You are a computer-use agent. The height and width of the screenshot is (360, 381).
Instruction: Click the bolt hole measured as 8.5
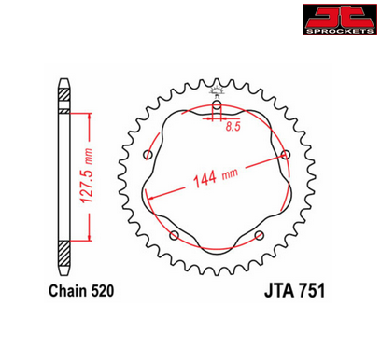point(217,106)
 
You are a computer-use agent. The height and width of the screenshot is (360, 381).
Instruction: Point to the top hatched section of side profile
point(63,96)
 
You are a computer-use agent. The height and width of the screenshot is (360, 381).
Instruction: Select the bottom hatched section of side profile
point(63,255)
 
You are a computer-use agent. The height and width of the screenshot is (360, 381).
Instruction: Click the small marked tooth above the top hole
point(217,90)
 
